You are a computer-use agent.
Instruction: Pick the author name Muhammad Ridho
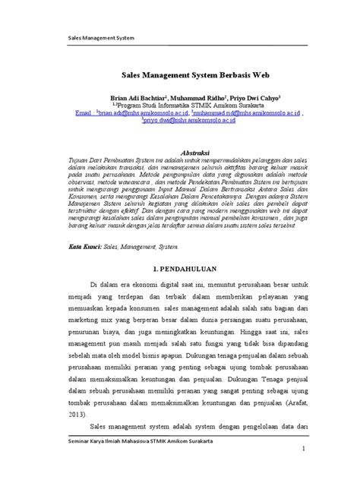196,98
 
